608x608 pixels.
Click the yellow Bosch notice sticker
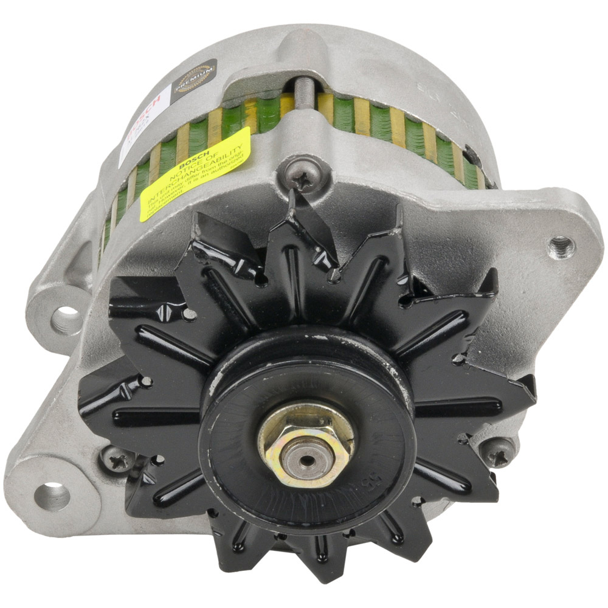(195, 174)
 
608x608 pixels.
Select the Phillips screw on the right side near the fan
(498, 454)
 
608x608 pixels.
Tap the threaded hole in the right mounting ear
(561, 246)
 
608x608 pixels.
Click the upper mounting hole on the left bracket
(67, 319)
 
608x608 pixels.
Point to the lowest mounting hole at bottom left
(54, 495)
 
